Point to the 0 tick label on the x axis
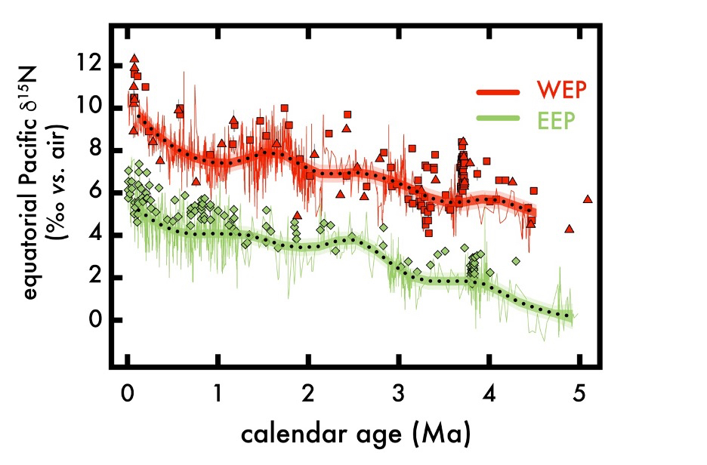click(127, 394)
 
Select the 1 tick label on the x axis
click(218, 394)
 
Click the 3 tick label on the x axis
click(399, 394)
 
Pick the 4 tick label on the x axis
click(489, 394)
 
